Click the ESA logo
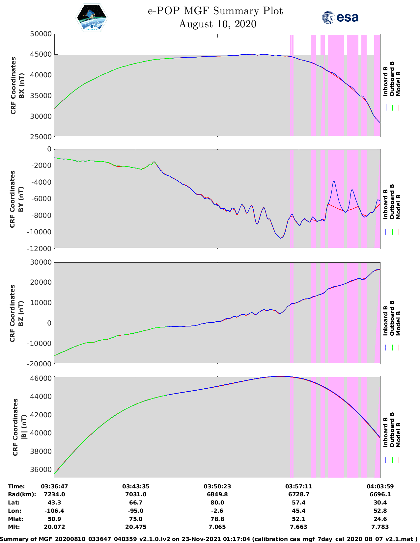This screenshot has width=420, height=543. [x=340, y=17]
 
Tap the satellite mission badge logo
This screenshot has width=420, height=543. [x=92, y=18]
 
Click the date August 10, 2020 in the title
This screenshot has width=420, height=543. [x=217, y=24]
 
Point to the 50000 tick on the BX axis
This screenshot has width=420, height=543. [x=41, y=34]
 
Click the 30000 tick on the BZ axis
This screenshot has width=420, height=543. [x=41, y=262]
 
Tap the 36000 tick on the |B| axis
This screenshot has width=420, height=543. [x=41, y=469]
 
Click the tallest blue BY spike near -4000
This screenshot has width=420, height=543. [x=334, y=181]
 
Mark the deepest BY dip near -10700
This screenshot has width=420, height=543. [x=280, y=238]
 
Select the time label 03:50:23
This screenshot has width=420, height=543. [x=217, y=486]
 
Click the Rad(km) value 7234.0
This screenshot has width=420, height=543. [x=54, y=494]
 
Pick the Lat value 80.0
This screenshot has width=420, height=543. [x=217, y=503]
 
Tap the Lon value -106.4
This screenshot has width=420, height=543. [x=54, y=511]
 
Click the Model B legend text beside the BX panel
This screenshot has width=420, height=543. [x=398, y=84]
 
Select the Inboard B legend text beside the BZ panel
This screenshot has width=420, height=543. [x=385, y=321]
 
